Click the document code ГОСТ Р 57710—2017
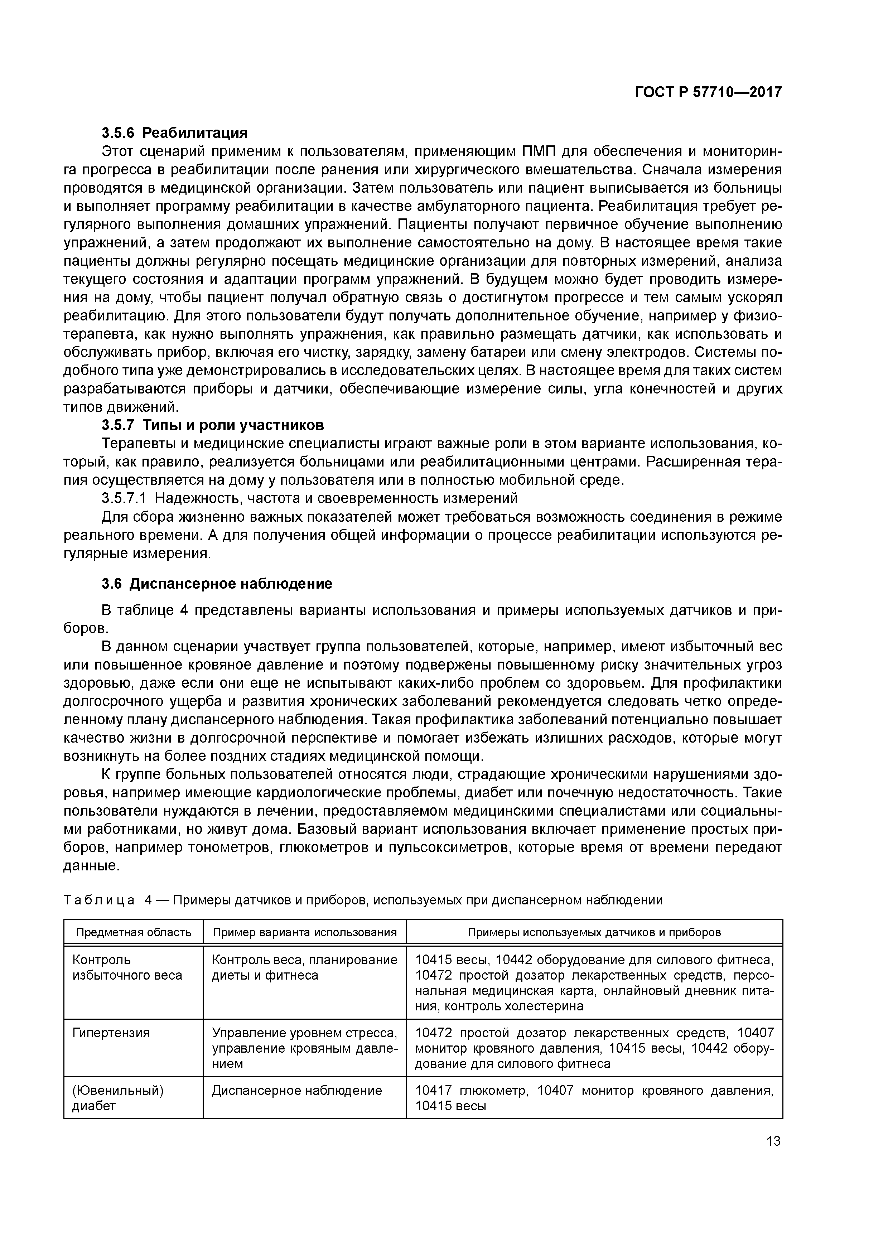708,92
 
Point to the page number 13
773,1141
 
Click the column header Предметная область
134,932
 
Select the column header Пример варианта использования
304,932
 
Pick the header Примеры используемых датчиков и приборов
594,932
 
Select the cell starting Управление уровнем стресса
304,1048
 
